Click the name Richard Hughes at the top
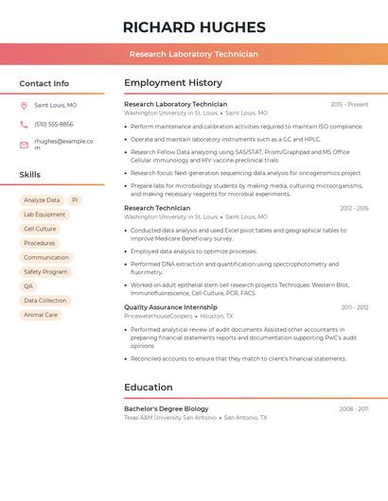pos(194,26)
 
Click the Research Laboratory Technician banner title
pos(194,54)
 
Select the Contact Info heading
pos(44,83)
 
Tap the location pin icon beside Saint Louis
pos(24,106)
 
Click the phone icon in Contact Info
pos(24,125)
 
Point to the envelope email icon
pos(24,145)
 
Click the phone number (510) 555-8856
pos(54,125)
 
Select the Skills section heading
pos(30,175)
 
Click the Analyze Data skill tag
pos(42,200)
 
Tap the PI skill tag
pos(75,200)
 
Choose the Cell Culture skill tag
pos(40,229)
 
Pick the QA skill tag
pos(28,286)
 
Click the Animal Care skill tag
pos(41,315)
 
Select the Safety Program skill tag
pos(45,272)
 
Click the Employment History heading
pos(173,83)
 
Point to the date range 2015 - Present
pos(349,104)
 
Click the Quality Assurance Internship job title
pos(170,307)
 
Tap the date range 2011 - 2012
pos(355,307)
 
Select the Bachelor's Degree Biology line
pos(167,408)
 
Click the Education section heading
pos(149,387)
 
